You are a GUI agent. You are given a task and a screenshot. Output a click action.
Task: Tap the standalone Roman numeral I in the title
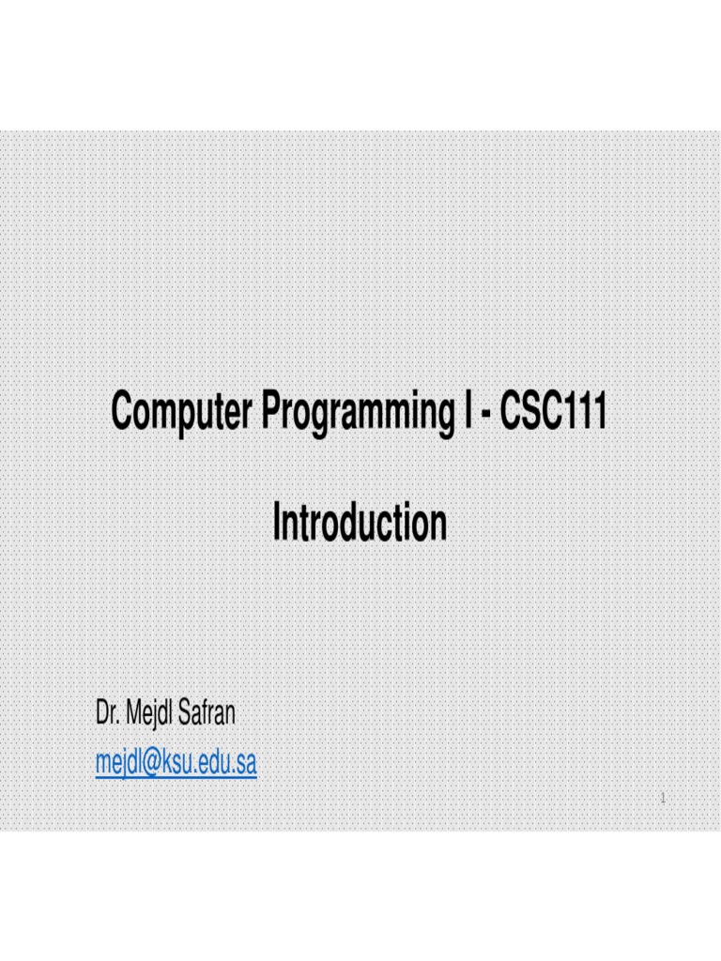tap(463, 412)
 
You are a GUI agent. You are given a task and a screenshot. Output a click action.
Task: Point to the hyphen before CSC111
tap(483, 415)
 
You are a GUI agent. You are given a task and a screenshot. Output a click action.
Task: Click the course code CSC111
tap(553, 412)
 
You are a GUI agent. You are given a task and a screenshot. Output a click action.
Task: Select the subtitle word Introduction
tap(360, 524)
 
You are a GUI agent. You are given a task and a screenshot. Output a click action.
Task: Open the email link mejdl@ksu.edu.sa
tap(176, 764)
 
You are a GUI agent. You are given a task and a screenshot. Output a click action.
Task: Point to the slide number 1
tap(663, 800)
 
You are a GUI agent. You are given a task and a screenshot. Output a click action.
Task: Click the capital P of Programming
tap(271, 412)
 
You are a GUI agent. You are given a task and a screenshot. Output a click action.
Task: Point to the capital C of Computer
tap(120, 412)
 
